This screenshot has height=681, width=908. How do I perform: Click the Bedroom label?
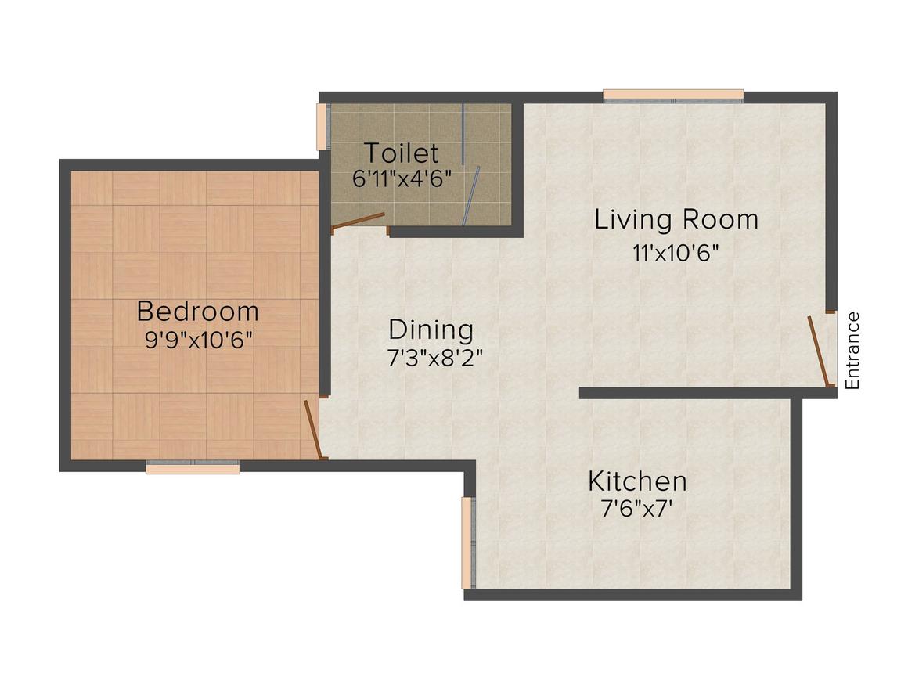coord(197,311)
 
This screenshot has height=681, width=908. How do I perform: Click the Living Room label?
coord(676,219)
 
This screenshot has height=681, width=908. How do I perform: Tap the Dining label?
coord(431,330)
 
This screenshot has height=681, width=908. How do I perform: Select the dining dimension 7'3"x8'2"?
coord(434,358)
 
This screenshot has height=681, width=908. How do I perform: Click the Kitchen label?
coord(637,480)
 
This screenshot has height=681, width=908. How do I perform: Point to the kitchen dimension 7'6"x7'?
coord(636,508)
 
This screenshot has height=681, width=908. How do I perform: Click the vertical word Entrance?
coord(852,351)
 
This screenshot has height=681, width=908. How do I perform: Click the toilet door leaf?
coord(359,221)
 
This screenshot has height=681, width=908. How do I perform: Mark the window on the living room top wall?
coord(673,95)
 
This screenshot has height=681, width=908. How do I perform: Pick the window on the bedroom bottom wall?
coord(193,467)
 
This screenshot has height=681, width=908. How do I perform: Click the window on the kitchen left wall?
coord(467,542)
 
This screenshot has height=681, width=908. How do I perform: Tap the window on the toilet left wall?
coord(322,126)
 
